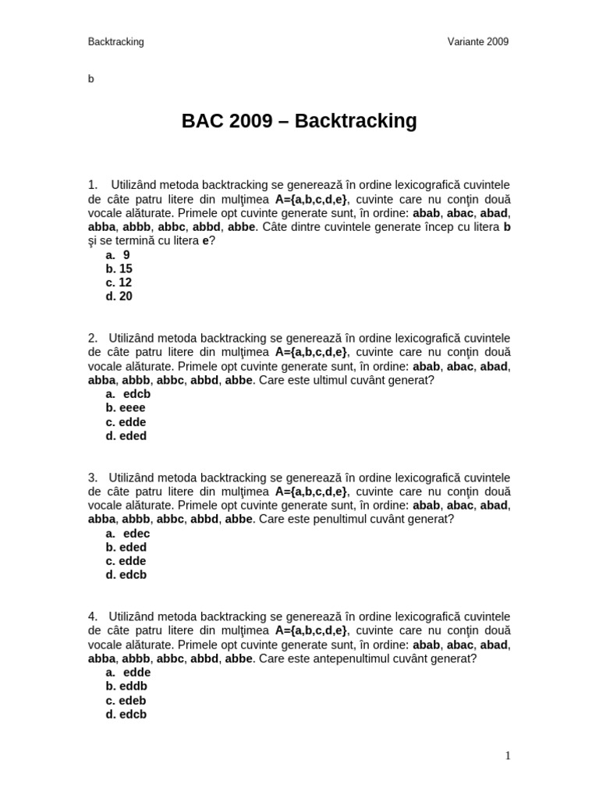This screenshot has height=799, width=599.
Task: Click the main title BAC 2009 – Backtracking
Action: (x=299, y=121)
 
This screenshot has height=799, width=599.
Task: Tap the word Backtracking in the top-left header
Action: (x=116, y=42)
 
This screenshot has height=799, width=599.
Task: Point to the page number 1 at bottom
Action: (x=507, y=755)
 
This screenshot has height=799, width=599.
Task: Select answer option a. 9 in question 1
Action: (x=118, y=255)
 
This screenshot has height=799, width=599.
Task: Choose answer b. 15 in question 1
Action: (x=119, y=269)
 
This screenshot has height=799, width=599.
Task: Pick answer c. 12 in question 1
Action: (x=119, y=282)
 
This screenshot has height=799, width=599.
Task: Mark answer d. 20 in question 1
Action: (x=119, y=297)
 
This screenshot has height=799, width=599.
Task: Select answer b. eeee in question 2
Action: (x=126, y=408)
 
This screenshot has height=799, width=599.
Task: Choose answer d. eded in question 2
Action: (x=126, y=436)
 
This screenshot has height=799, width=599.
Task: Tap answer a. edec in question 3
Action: (x=128, y=534)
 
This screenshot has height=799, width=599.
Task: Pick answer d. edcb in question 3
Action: (x=126, y=575)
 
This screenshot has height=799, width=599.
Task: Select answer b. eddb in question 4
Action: (x=126, y=687)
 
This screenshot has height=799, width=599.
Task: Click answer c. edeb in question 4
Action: (x=126, y=701)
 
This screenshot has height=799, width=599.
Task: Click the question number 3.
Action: (x=92, y=478)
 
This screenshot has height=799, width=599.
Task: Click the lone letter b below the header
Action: (x=91, y=79)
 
